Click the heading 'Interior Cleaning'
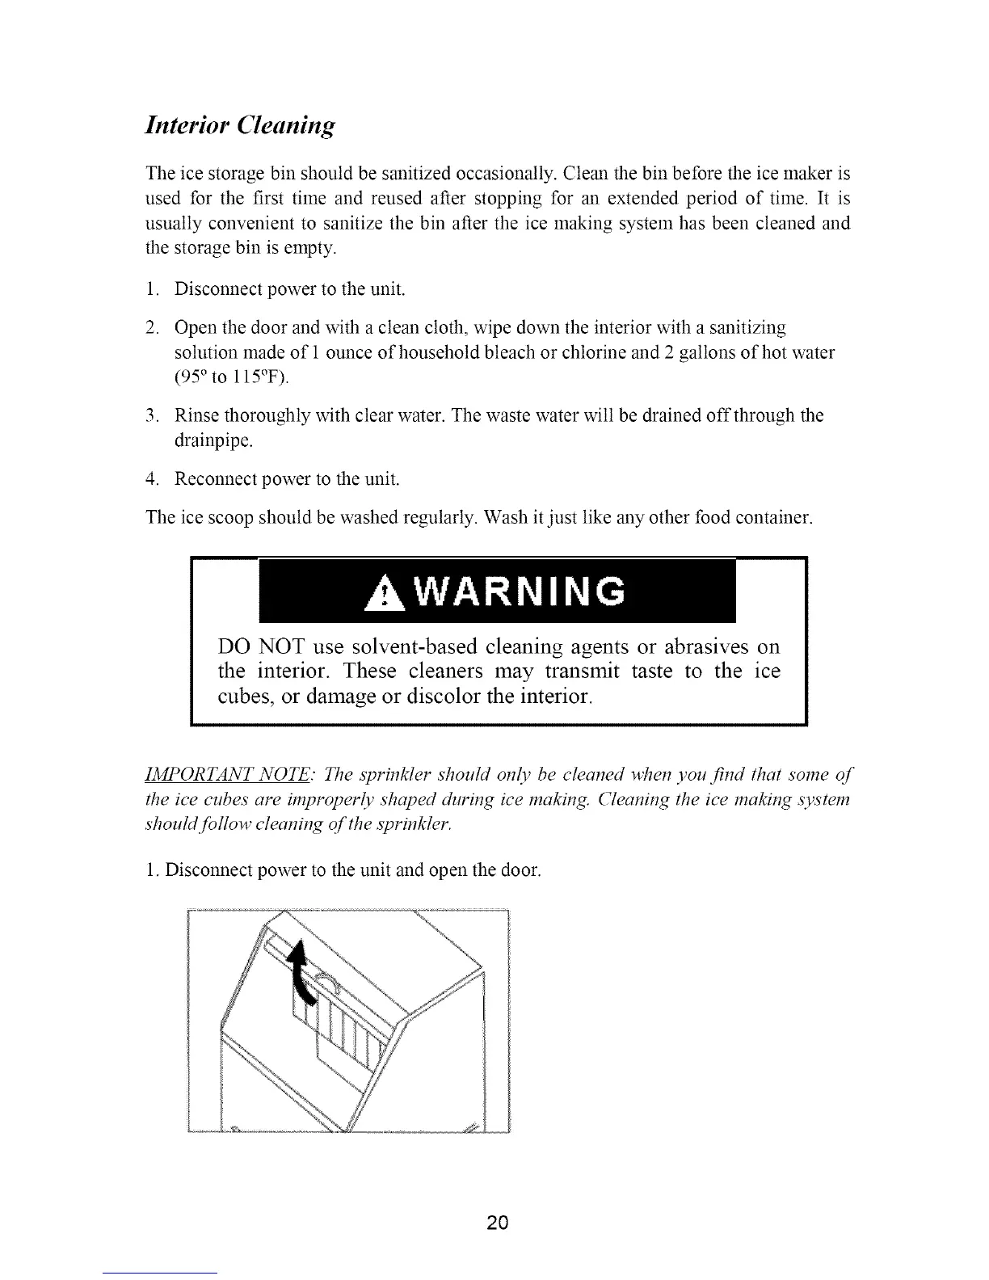[238, 127]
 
